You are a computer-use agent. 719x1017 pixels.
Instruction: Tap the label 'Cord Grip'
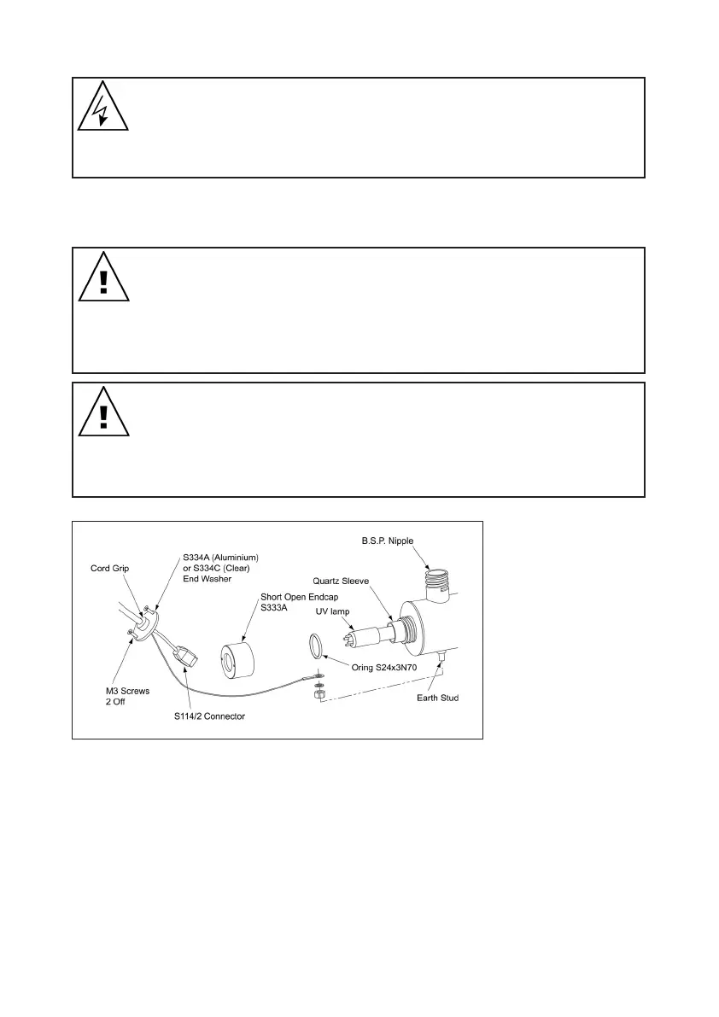110,567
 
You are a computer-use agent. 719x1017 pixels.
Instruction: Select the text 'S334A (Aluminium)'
220,558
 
